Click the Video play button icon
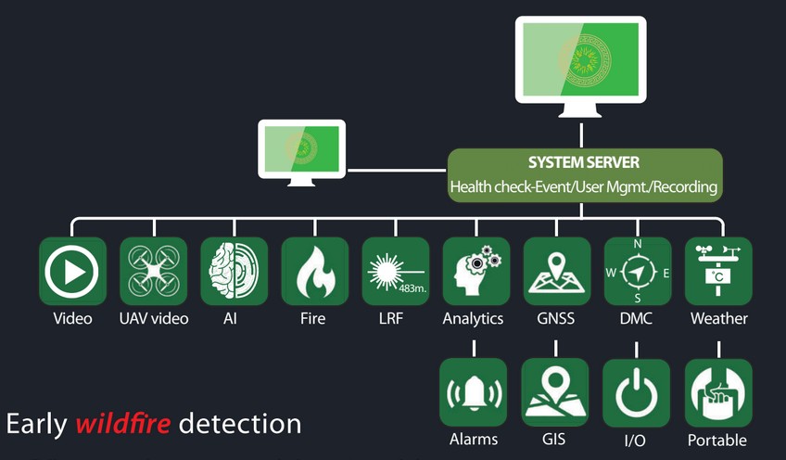point(73,271)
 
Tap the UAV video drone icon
point(154,271)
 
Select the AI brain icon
point(235,271)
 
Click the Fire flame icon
point(315,271)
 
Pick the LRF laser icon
point(396,271)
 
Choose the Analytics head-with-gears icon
point(475,271)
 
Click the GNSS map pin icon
point(556,271)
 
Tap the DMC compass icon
point(637,272)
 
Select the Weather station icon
point(718,271)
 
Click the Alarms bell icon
point(475,392)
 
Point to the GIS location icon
point(556,392)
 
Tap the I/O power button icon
point(637,392)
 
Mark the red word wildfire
point(124,425)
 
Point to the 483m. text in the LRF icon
point(411,288)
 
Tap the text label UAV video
point(154,319)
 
